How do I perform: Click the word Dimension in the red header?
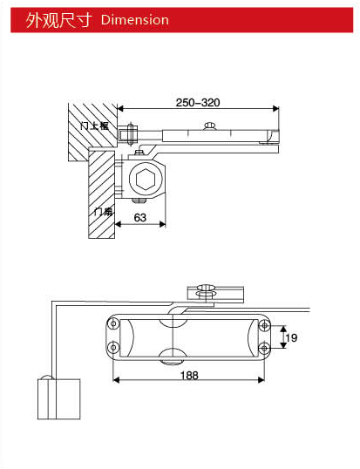click(x=134, y=19)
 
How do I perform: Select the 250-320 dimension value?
click(x=198, y=103)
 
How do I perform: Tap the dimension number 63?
click(x=139, y=217)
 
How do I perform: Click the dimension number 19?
click(x=293, y=336)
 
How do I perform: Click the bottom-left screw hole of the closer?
click(x=111, y=349)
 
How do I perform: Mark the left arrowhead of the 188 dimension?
click(x=117, y=380)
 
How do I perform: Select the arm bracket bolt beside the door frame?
click(x=130, y=136)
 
